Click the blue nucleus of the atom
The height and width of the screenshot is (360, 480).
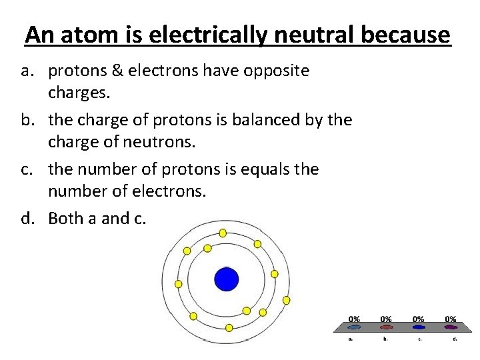(226, 279)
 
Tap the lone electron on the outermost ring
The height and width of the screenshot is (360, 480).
(287, 301)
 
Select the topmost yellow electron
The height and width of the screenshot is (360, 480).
(223, 233)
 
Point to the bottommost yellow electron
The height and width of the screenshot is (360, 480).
(229, 327)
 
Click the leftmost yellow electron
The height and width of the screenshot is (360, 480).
(178, 284)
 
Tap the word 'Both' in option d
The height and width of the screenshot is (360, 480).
(65, 219)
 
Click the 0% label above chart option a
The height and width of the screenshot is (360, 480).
(355, 319)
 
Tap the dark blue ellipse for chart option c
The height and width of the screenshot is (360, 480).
(419, 327)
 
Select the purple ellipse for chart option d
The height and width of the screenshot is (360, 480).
(451, 327)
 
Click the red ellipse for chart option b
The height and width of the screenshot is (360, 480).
(386, 327)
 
